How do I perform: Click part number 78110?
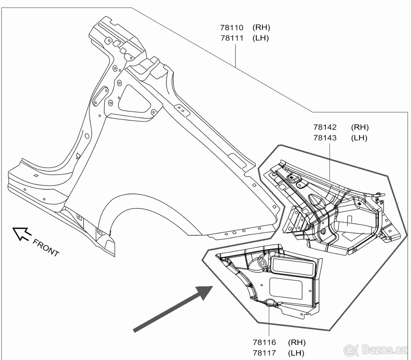click(x=232, y=28)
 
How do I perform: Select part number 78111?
click(x=232, y=38)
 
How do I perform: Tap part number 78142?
click(x=325, y=127)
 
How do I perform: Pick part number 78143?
click(x=325, y=138)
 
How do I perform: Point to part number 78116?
click(x=264, y=342)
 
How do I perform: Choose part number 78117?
click(x=264, y=352)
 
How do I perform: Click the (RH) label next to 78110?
click(x=261, y=28)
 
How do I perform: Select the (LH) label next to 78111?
click(x=261, y=38)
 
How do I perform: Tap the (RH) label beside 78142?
click(x=360, y=127)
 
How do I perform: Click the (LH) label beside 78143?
click(x=359, y=138)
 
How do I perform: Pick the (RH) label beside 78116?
click(x=297, y=342)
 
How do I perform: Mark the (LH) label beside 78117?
click(x=296, y=352)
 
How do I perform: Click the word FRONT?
click(x=46, y=247)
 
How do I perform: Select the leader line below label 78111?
click(x=236, y=55)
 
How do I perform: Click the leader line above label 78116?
click(x=269, y=322)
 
